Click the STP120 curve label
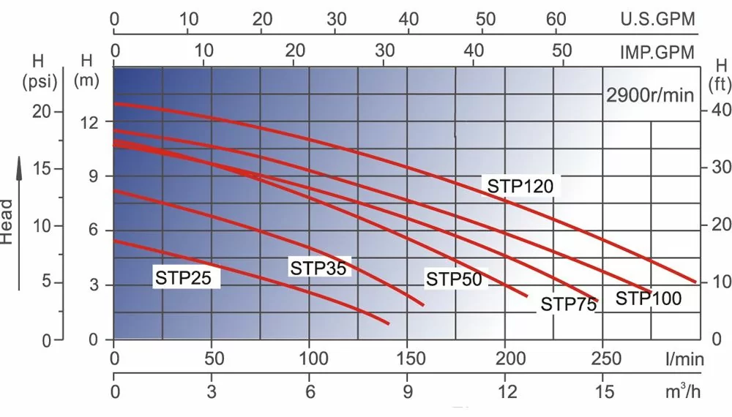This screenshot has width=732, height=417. click(520, 185)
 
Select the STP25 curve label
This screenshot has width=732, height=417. click(187, 278)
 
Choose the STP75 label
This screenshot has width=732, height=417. click(569, 304)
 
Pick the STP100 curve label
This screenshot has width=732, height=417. click(648, 298)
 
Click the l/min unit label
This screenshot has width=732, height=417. click(684, 359)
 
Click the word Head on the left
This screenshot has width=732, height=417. click(7, 222)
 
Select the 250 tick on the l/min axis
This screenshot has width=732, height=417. click(603, 359)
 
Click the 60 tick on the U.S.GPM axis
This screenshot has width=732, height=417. click(557, 19)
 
